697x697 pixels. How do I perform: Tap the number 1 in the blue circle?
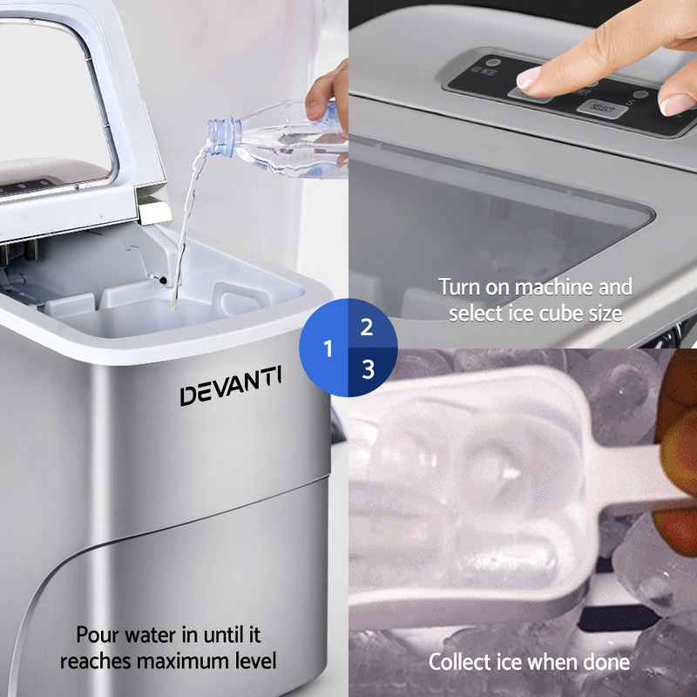pos(328,349)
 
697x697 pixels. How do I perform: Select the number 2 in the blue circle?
pos(367,328)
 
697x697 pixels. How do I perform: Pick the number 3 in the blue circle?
pos(368,369)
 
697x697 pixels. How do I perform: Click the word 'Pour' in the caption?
pos(98,635)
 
